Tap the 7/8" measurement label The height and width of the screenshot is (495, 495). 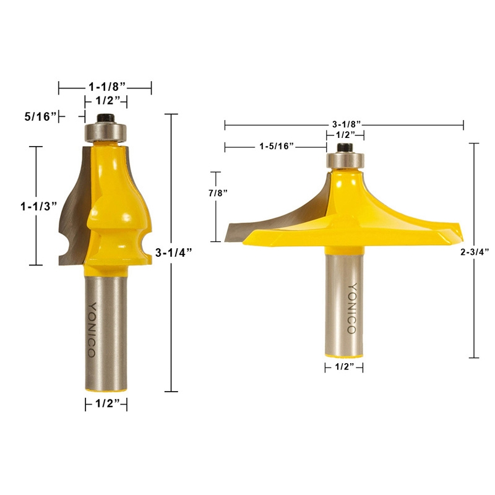click(x=217, y=192)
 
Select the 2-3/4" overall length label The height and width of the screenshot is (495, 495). click(x=476, y=252)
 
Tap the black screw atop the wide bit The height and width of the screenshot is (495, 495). click(x=345, y=147)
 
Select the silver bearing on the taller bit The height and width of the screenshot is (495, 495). click(x=106, y=132)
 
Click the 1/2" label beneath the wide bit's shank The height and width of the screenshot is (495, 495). click(x=345, y=368)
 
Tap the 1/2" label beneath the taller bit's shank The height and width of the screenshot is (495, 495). click(x=106, y=405)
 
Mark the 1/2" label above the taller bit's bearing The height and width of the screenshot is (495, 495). click(x=106, y=101)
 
